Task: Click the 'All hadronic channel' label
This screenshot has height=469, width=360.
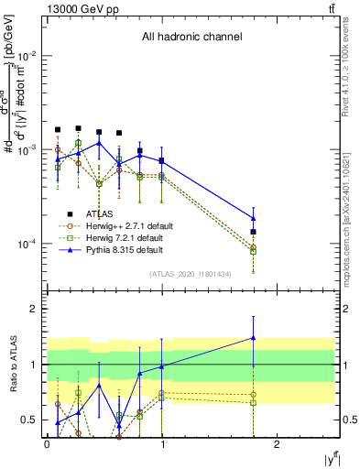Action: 191,38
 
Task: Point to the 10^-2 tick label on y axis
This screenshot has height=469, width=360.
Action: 27,56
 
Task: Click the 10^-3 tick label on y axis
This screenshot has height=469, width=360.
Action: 27,149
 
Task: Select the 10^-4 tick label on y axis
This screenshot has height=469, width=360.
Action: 27,244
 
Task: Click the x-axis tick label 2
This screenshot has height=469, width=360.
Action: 278,444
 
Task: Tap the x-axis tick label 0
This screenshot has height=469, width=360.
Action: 47,444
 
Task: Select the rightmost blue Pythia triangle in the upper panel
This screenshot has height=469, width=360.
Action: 254,217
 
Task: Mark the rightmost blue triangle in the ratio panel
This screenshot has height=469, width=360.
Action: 254,338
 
